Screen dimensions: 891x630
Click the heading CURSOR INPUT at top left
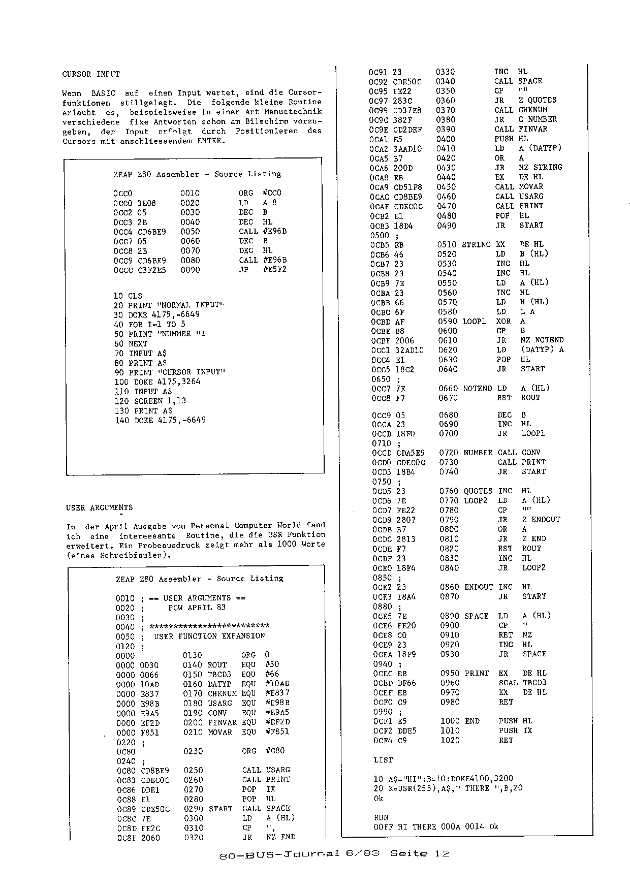(91, 74)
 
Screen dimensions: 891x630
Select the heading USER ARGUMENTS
(99, 507)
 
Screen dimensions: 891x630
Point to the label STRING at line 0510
(476, 244)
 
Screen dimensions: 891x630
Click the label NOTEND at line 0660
(478, 388)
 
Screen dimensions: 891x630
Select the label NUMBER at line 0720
(478, 453)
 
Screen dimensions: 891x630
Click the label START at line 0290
(220, 809)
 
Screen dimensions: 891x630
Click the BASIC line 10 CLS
(128, 296)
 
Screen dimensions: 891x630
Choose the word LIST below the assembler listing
(383, 760)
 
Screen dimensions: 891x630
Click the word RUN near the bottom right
(381, 818)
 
